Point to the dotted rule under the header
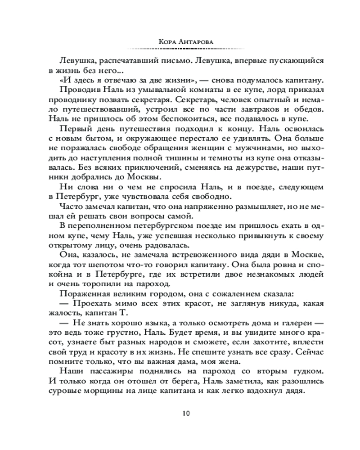coord(180,48)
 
